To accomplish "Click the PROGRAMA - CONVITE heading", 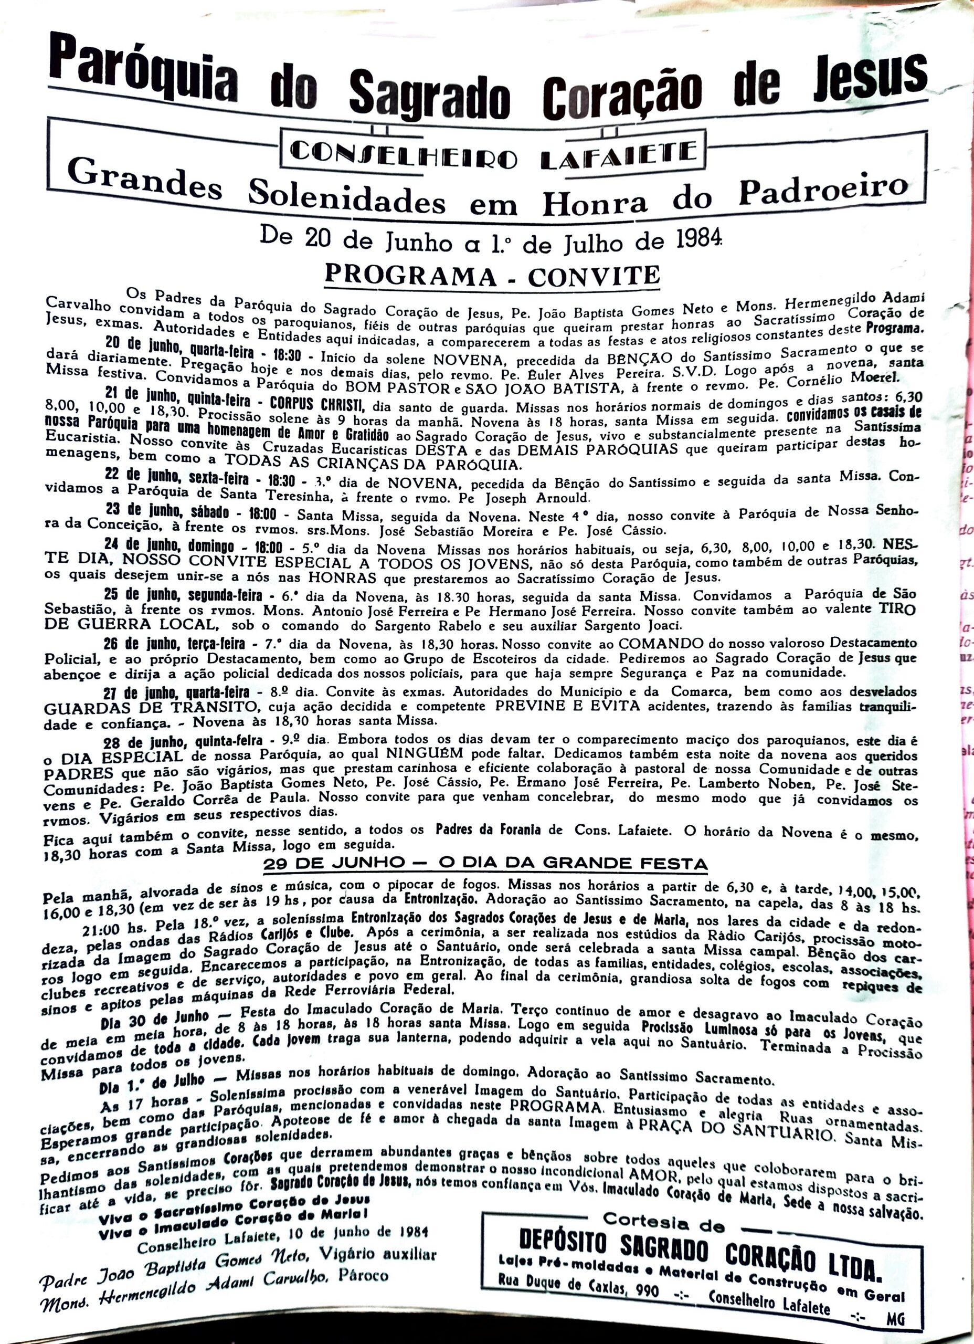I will tap(492, 275).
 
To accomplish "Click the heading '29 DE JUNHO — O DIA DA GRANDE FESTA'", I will tap(485, 864).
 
